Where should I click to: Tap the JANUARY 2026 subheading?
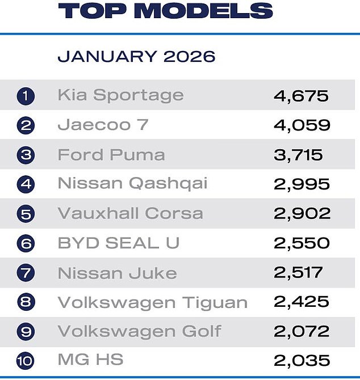(x=136, y=56)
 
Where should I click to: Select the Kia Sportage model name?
(x=120, y=95)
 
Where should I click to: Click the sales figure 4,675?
(x=300, y=95)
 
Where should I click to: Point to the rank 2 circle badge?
(x=26, y=125)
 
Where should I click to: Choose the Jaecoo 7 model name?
(x=103, y=125)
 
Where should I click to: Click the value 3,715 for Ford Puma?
(x=298, y=154)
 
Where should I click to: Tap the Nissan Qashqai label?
(x=132, y=184)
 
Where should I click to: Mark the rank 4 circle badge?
(x=26, y=184)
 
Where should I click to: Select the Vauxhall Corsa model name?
(x=130, y=213)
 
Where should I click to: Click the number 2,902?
(x=301, y=213)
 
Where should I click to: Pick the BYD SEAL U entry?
(x=119, y=243)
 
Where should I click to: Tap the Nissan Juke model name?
(x=117, y=272)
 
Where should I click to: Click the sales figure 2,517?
(x=298, y=272)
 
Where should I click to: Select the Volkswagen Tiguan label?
(x=152, y=302)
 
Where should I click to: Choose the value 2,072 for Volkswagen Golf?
(x=301, y=331)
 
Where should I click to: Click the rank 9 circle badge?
(x=26, y=331)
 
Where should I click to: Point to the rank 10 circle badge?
(x=26, y=361)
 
